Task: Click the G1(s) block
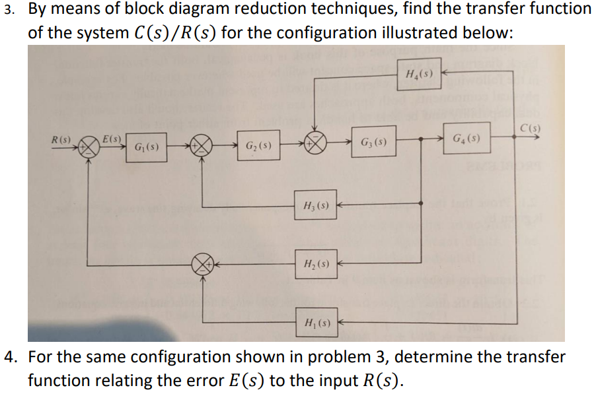(x=145, y=146)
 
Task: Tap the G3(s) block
(x=374, y=142)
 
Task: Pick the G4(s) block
(x=466, y=139)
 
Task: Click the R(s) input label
(x=64, y=140)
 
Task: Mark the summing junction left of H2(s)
(x=202, y=265)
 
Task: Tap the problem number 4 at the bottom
(x=9, y=358)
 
